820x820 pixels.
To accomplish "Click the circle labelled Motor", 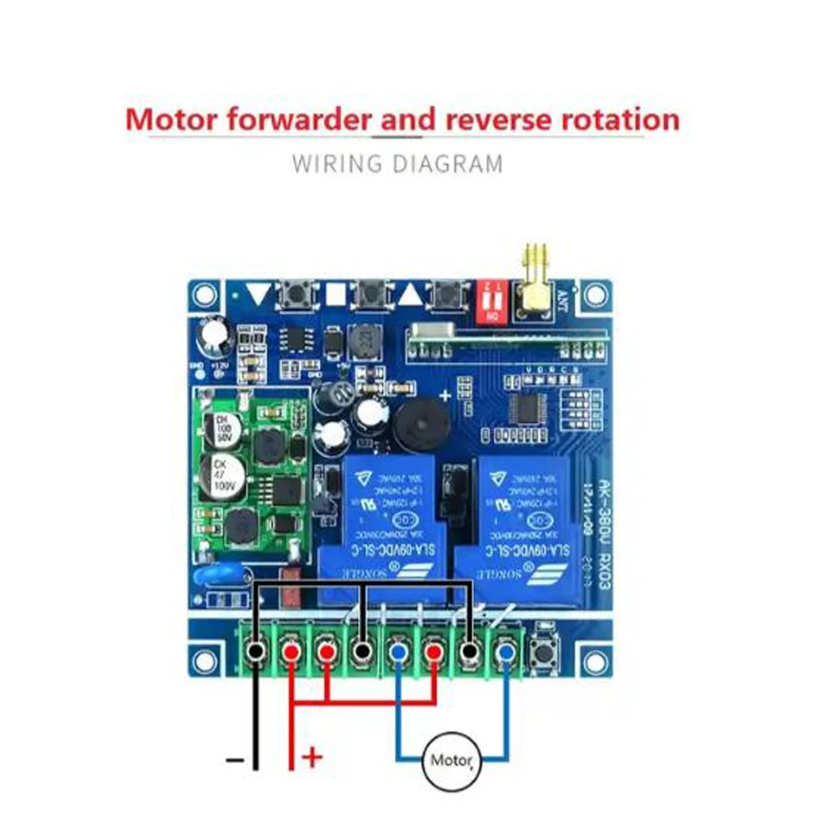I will pyautogui.click(x=450, y=760).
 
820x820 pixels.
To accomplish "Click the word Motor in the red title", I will pyautogui.click(x=171, y=120).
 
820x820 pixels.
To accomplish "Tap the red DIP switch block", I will pyautogui.click(x=493, y=301).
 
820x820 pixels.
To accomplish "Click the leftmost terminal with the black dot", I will pyautogui.click(x=257, y=652).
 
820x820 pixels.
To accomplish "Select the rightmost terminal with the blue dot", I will pyautogui.click(x=506, y=652).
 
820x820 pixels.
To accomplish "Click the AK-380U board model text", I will pyautogui.click(x=600, y=508).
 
